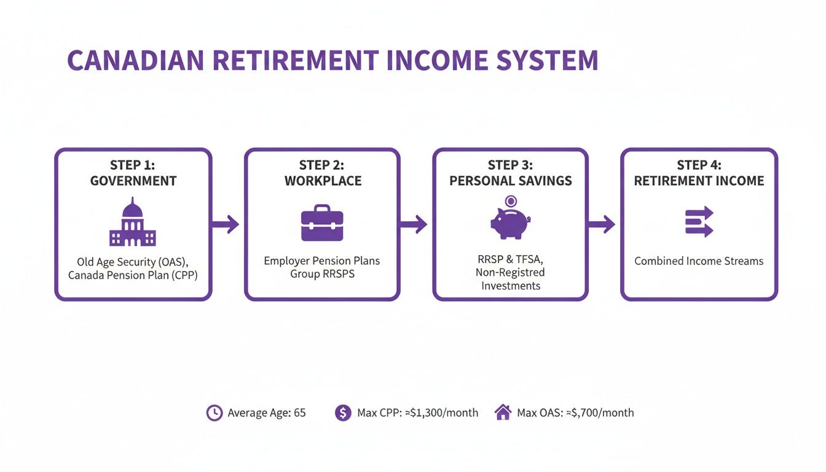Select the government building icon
(133, 224)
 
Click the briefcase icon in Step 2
(322, 224)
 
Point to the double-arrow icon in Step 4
(699, 222)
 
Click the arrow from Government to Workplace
(226, 224)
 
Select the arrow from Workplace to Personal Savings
(414, 224)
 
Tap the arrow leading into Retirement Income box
(602, 224)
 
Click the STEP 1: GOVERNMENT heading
(133, 173)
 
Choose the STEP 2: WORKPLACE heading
(322, 173)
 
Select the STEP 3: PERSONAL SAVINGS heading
(511, 173)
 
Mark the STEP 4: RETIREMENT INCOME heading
(699, 173)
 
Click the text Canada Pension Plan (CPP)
(133, 275)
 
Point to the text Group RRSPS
(322, 273)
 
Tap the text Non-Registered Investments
(511, 279)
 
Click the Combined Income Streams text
(699, 261)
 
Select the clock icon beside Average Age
(214, 413)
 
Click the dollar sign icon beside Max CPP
(343, 413)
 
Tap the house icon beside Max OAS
(503, 412)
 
